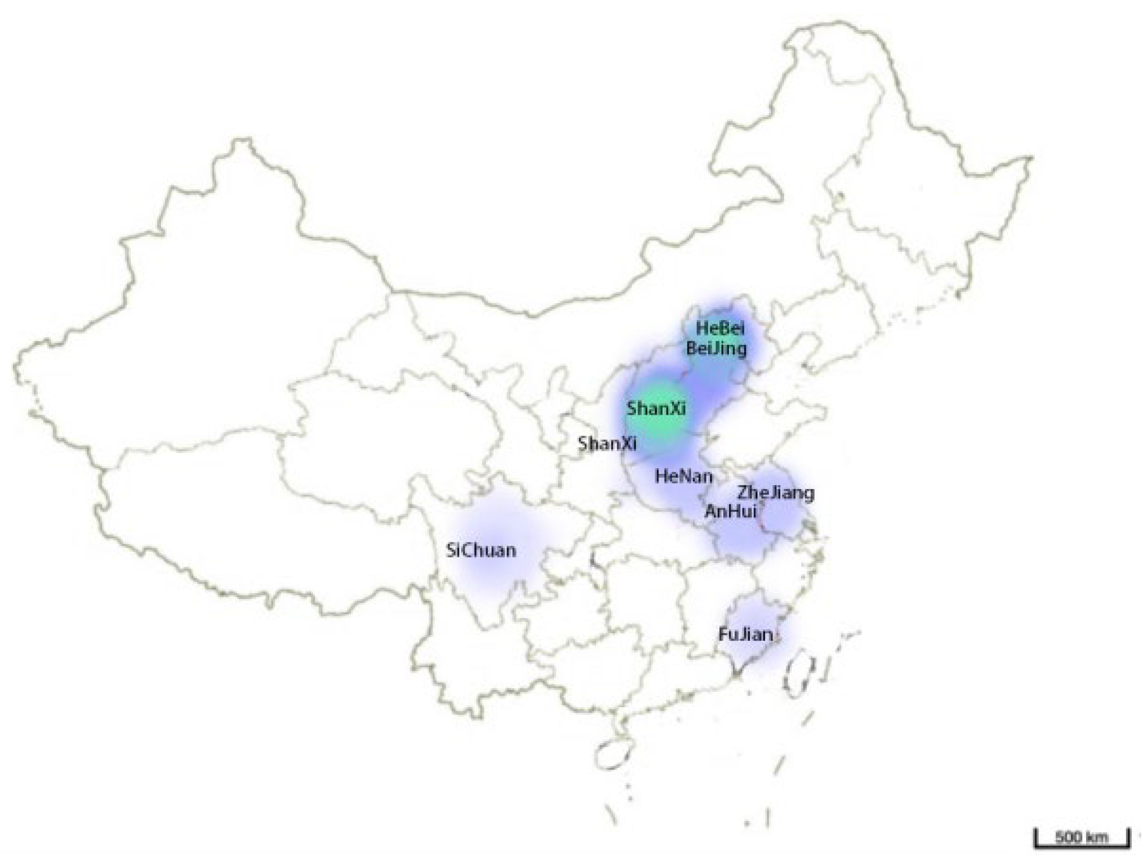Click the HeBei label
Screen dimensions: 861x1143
click(719, 328)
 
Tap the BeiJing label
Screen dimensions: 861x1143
click(716, 349)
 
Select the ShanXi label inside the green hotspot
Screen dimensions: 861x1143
click(656, 408)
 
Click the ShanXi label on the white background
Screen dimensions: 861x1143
click(607, 443)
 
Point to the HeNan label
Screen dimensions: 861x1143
click(684, 477)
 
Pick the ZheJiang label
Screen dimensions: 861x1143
click(776, 493)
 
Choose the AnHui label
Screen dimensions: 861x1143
click(731, 511)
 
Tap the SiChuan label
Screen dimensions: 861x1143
click(481, 551)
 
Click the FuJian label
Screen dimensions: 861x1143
click(745, 634)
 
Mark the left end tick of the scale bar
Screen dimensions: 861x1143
click(1035, 838)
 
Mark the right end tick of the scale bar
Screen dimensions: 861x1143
click(1128, 838)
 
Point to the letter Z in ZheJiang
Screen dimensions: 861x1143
click(744, 493)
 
